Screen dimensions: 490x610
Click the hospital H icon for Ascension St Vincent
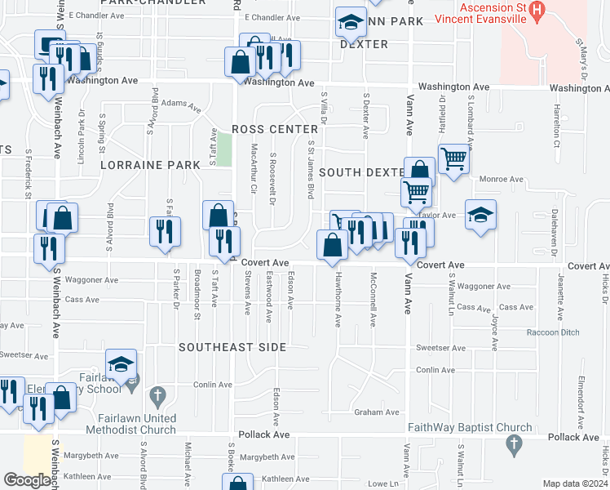click(x=536, y=11)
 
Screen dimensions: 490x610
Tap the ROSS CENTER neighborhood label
click(x=274, y=130)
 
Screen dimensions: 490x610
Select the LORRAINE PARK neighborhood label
click(x=150, y=165)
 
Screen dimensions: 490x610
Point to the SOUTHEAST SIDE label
click(x=232, y=348)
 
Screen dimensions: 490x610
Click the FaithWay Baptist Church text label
click(x=468, y=428)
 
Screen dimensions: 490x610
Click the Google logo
click(x=27, y=480)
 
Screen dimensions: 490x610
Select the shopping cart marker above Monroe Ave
click(x=454, y=158)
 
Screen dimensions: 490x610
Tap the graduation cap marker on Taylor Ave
click(x=481, y=215)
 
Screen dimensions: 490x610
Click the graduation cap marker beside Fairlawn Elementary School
click(x=121, y=363)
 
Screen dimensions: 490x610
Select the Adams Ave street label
click(x=181, y=105)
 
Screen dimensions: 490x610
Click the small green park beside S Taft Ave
click(x=225, y=147)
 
